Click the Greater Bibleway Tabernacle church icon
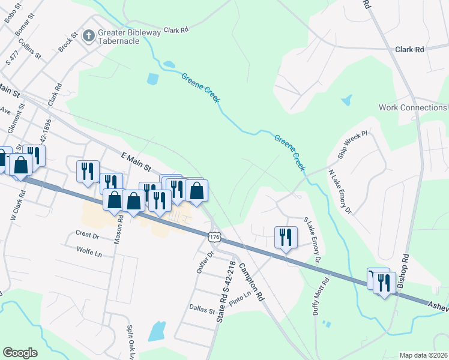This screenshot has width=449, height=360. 88,35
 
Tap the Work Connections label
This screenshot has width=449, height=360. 413,107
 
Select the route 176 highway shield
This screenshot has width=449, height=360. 214,237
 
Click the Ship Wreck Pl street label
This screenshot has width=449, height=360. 351,146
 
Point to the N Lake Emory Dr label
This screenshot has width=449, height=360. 340,191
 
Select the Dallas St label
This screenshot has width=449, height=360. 202,311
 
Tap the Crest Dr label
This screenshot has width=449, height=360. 86,235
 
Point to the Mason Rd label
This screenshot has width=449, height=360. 120,229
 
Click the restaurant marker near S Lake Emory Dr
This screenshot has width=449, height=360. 285,237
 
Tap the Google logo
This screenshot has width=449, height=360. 20,353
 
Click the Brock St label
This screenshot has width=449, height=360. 67,41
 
